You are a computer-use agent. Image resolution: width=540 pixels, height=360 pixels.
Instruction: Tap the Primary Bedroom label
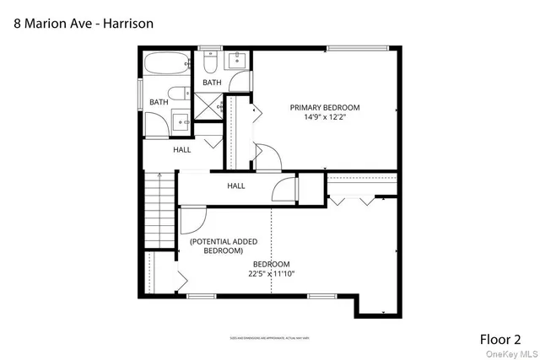point(325,107)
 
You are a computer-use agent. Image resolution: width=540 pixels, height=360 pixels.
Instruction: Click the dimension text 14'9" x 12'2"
point(325,118)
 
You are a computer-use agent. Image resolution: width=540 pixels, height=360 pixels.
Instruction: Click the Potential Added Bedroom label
point(223,246)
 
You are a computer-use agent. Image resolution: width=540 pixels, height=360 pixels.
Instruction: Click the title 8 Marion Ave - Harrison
point(83,23)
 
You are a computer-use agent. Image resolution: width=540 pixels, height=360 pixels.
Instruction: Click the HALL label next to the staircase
point(235,185)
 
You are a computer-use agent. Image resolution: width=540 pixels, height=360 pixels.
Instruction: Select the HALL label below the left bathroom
point(182,150)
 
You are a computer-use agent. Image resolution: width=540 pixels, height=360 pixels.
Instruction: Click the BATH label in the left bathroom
point(159,103)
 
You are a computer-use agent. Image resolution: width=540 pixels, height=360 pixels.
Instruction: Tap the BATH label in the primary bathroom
point(212,83)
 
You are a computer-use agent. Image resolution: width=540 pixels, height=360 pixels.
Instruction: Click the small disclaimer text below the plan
point(270,339)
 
